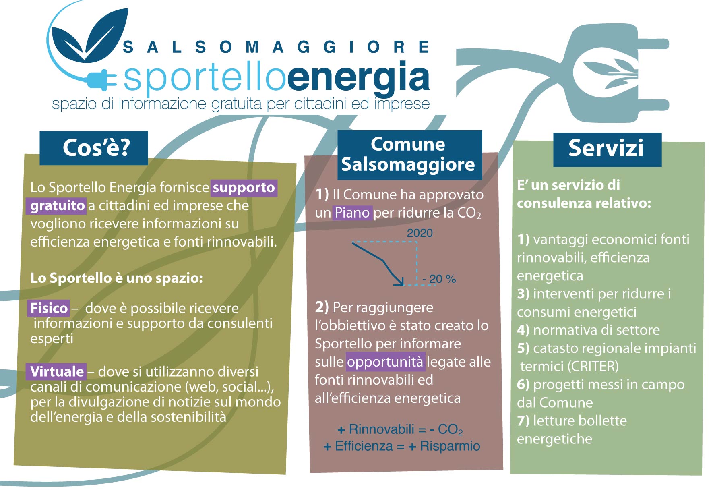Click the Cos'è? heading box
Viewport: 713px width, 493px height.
tap(94, 148)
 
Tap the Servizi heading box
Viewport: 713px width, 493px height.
tap(607, 149)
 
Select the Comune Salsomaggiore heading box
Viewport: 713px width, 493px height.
tap(409, 155)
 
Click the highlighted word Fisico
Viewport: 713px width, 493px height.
tap(49, 308)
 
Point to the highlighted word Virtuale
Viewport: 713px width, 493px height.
tap(57, 371)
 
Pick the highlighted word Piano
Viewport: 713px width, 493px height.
tap(352, 212)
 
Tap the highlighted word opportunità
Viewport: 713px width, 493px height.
tap(385, 362)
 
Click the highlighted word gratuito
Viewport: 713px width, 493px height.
tap(57, 205)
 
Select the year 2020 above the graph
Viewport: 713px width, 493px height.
tap(420, 233)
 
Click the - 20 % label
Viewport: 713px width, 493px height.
tap(439, 279)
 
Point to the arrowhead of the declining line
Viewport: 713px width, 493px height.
tap(400, 282)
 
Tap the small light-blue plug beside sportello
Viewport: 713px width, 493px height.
tap(101, 79)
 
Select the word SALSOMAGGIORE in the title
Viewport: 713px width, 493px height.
tap(276, 48)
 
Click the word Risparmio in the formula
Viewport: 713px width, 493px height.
tap(450, 446)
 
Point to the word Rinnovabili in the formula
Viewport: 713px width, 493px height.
tap(382, 429)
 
